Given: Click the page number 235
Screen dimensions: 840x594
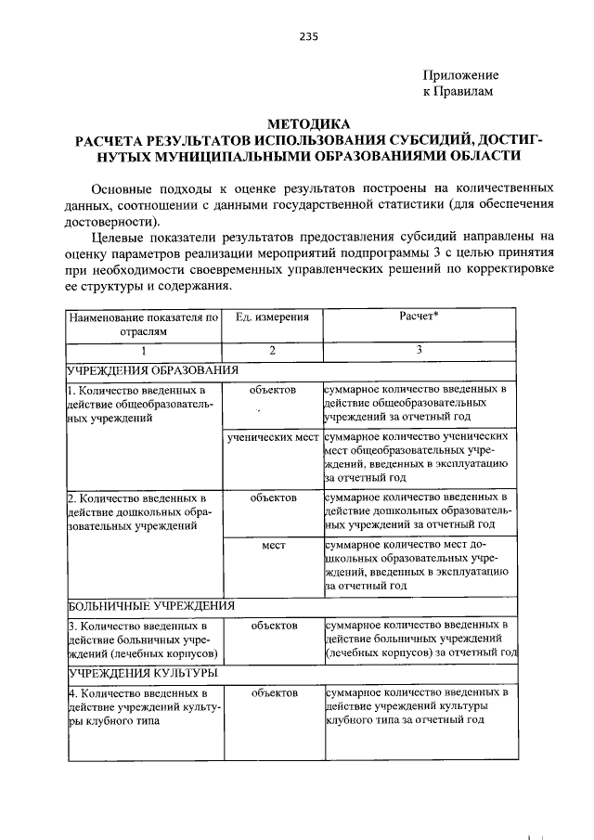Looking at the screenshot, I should tap(309, 36).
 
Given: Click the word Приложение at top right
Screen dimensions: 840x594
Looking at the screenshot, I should tap(460, 75).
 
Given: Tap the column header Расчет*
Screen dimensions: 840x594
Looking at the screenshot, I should tap(419, 317).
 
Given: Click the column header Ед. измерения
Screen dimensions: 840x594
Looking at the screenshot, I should tap(272, 317).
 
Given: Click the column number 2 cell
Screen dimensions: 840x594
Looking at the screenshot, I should tap(272, 351).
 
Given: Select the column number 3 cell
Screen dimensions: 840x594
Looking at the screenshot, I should tap(419, 351).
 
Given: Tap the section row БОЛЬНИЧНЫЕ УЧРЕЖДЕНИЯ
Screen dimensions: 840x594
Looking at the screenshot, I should tap(150, 605).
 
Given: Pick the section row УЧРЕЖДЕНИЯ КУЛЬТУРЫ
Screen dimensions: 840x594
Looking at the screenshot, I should tap(143, 672).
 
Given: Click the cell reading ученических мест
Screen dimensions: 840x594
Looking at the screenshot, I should tap(273, 435).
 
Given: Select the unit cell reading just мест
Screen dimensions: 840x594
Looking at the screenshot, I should tap(273, 545).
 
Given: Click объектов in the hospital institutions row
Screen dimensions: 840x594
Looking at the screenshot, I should tap(273, 626).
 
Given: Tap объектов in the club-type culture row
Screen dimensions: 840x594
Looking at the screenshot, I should tap(273, 692).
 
